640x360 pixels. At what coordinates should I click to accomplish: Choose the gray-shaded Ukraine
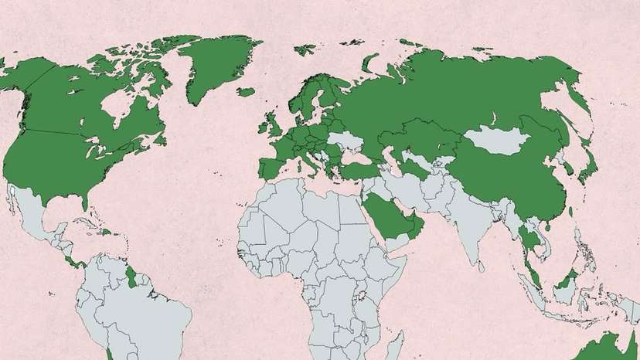343,144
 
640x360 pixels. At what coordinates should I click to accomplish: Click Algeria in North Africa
282,209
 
